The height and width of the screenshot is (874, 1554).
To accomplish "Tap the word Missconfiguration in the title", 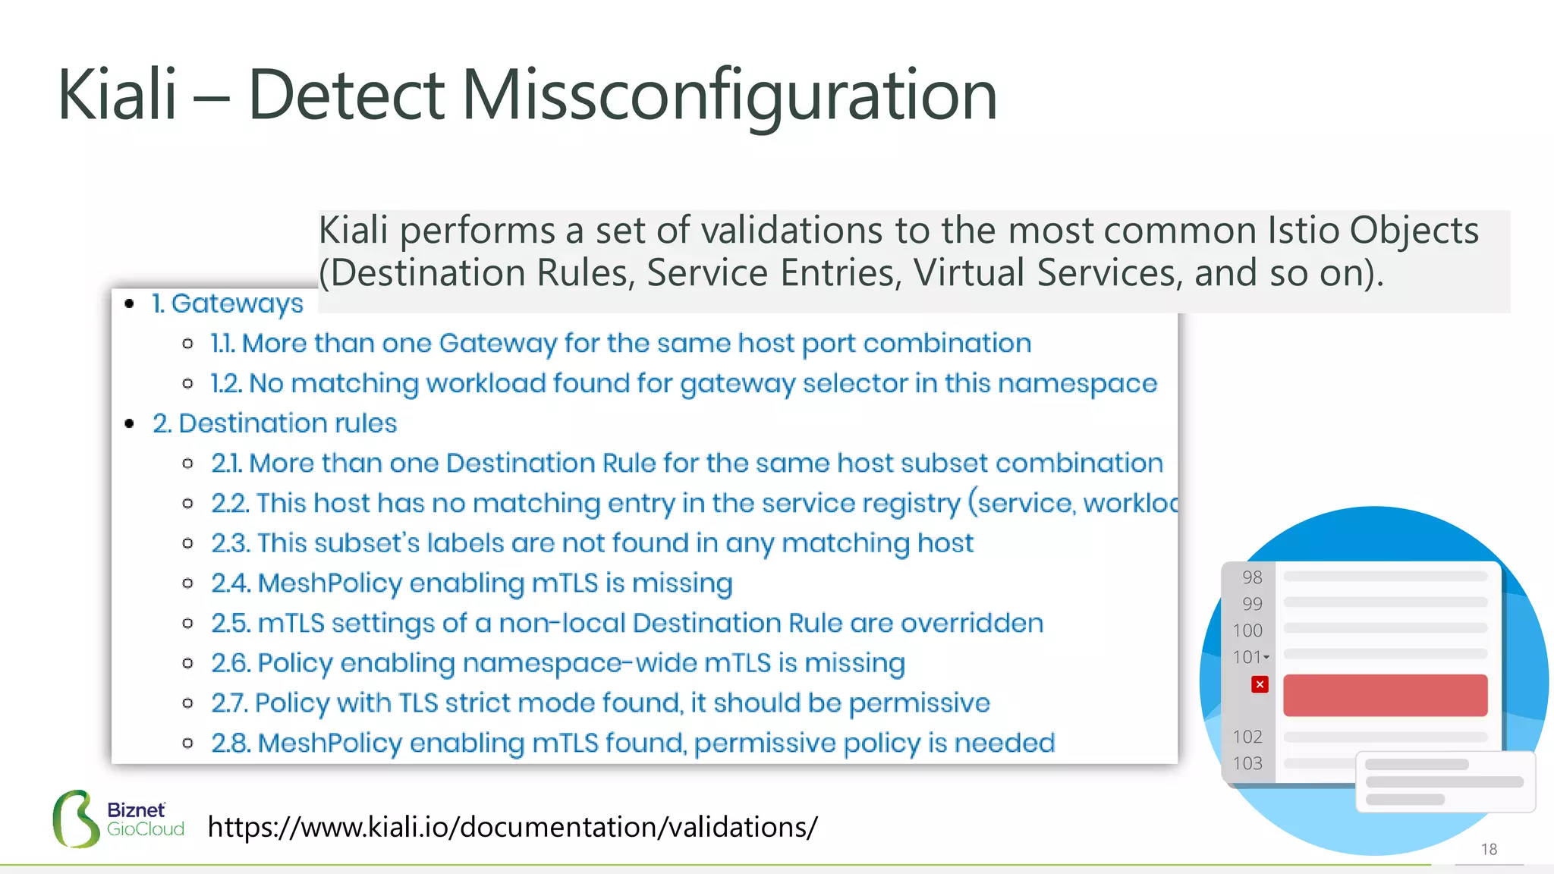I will click(728, 96).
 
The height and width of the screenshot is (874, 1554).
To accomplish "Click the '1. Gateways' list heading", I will click(227, 303).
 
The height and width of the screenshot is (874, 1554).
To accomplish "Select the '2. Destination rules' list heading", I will click(274, 423).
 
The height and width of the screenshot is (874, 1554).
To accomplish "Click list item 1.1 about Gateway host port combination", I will click(621, 344).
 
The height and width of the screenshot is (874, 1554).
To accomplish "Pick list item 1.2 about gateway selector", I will click(683, 384).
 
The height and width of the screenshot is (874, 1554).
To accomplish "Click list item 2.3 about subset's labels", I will click(592, 543).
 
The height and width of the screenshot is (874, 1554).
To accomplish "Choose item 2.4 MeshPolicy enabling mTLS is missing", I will click(471, 583).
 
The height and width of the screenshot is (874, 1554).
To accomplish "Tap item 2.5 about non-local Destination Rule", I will click(627, 624).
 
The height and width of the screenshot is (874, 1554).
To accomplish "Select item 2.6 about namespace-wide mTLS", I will click(558, 663).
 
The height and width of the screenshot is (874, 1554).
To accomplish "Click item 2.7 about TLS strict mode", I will click(599, 703).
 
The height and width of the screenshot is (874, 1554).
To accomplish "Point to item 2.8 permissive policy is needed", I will click(633, 744).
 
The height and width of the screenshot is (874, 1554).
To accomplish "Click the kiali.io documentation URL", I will click(512, 827).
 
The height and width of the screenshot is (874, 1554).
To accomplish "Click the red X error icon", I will click(1260, 684).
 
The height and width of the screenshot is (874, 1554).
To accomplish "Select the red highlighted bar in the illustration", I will click(1385, 695).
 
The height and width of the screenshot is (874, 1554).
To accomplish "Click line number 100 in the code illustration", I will click(1247, 630).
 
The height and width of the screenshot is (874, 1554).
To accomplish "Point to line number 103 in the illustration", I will click(1247, 763).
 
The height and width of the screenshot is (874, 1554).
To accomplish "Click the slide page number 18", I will click(1489, 849).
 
